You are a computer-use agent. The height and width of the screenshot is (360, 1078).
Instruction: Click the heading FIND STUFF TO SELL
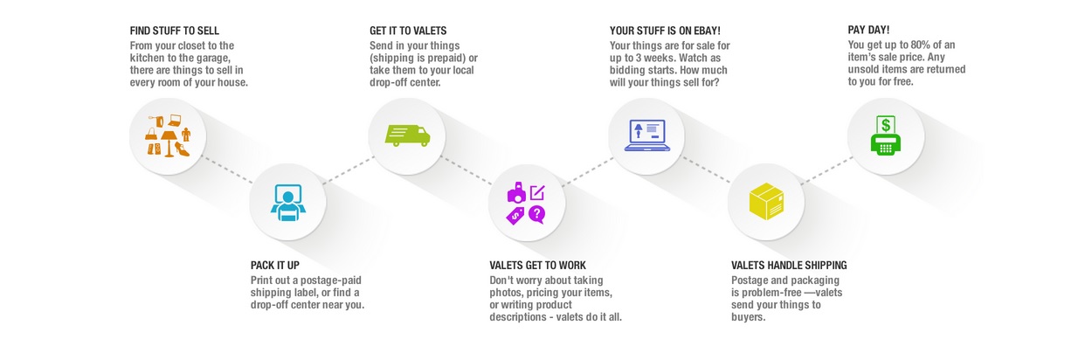point(174,31)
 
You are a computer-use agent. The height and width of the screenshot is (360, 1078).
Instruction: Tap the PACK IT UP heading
point(275,265)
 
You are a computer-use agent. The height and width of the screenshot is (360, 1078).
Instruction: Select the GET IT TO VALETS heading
point(408,31)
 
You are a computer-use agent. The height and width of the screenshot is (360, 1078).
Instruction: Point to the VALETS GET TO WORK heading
point(537,265)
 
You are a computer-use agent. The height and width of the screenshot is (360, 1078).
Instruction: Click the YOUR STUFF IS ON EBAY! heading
point(665,31)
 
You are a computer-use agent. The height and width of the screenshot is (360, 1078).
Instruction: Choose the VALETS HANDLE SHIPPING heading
point(789,265)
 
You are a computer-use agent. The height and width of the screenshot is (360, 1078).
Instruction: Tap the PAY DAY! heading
point(868,30)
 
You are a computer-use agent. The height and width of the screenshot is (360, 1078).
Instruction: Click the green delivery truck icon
point(407,135)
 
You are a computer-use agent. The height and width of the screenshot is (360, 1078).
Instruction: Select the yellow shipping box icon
point(767,201)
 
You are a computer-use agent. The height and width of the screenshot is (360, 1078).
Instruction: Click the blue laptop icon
point(646,135)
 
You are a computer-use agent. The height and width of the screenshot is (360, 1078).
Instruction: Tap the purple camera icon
point(517,192)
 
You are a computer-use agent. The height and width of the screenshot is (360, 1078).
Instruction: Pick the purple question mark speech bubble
point(537,215)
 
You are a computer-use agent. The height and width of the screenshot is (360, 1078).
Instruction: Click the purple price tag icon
point(515,216)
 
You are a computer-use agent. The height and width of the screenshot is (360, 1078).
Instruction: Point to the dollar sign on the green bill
point(886,125)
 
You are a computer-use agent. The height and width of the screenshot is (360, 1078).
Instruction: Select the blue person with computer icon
point(287,202)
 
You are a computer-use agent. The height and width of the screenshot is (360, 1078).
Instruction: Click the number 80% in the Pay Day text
point(920,45)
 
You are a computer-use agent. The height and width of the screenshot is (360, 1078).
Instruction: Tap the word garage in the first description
point(213,59)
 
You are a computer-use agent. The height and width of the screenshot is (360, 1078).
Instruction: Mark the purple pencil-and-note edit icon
point(537,192)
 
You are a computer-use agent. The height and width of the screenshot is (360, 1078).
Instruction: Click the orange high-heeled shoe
point(182,149)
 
